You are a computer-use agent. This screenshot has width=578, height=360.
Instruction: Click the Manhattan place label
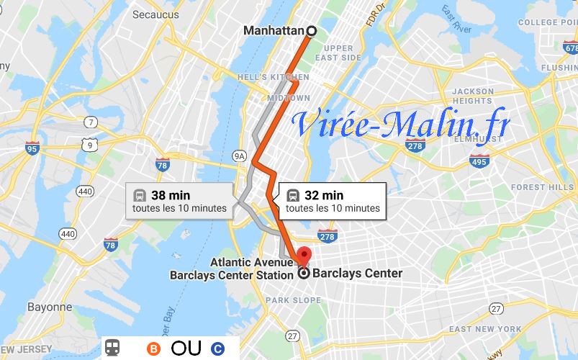point(274,31)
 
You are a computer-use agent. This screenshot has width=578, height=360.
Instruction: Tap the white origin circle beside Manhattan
point(312,30)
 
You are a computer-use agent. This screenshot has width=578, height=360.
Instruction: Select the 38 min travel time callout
point(179,201)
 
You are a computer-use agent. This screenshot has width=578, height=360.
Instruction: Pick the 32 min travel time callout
point(332,201)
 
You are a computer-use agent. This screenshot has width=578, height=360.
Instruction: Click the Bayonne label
point(50,307)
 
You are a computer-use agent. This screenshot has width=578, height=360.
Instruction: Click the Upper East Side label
point(338,53)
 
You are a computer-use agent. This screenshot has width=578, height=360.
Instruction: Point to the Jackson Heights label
point(472,96)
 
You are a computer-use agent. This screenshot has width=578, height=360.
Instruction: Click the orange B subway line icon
point(153,348)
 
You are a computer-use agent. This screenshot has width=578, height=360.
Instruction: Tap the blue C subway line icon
point(217,348)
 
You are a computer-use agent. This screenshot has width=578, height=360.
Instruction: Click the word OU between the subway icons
point(186,348)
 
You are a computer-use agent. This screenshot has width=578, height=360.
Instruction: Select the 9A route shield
point(240,155)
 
